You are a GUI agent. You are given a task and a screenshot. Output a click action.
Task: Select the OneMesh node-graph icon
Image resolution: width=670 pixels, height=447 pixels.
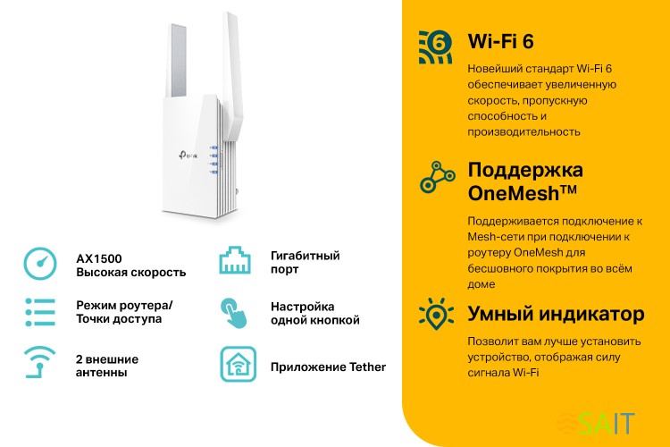pos(438,178)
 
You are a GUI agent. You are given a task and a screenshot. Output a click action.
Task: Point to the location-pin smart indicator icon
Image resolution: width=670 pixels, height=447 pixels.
pos(438,315)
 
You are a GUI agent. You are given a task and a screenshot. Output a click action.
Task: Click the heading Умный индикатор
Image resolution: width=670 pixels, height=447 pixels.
pos(556,315)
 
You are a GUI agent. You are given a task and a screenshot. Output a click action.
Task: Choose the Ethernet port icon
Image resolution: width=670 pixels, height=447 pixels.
pos(237,262)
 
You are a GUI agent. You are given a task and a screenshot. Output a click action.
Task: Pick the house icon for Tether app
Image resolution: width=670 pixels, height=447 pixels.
pos(238,365)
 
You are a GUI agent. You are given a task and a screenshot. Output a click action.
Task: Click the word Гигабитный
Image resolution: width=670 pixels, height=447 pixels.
pos(305,256)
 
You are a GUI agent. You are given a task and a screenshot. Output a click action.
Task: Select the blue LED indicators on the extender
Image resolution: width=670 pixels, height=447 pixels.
pos(214,160)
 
